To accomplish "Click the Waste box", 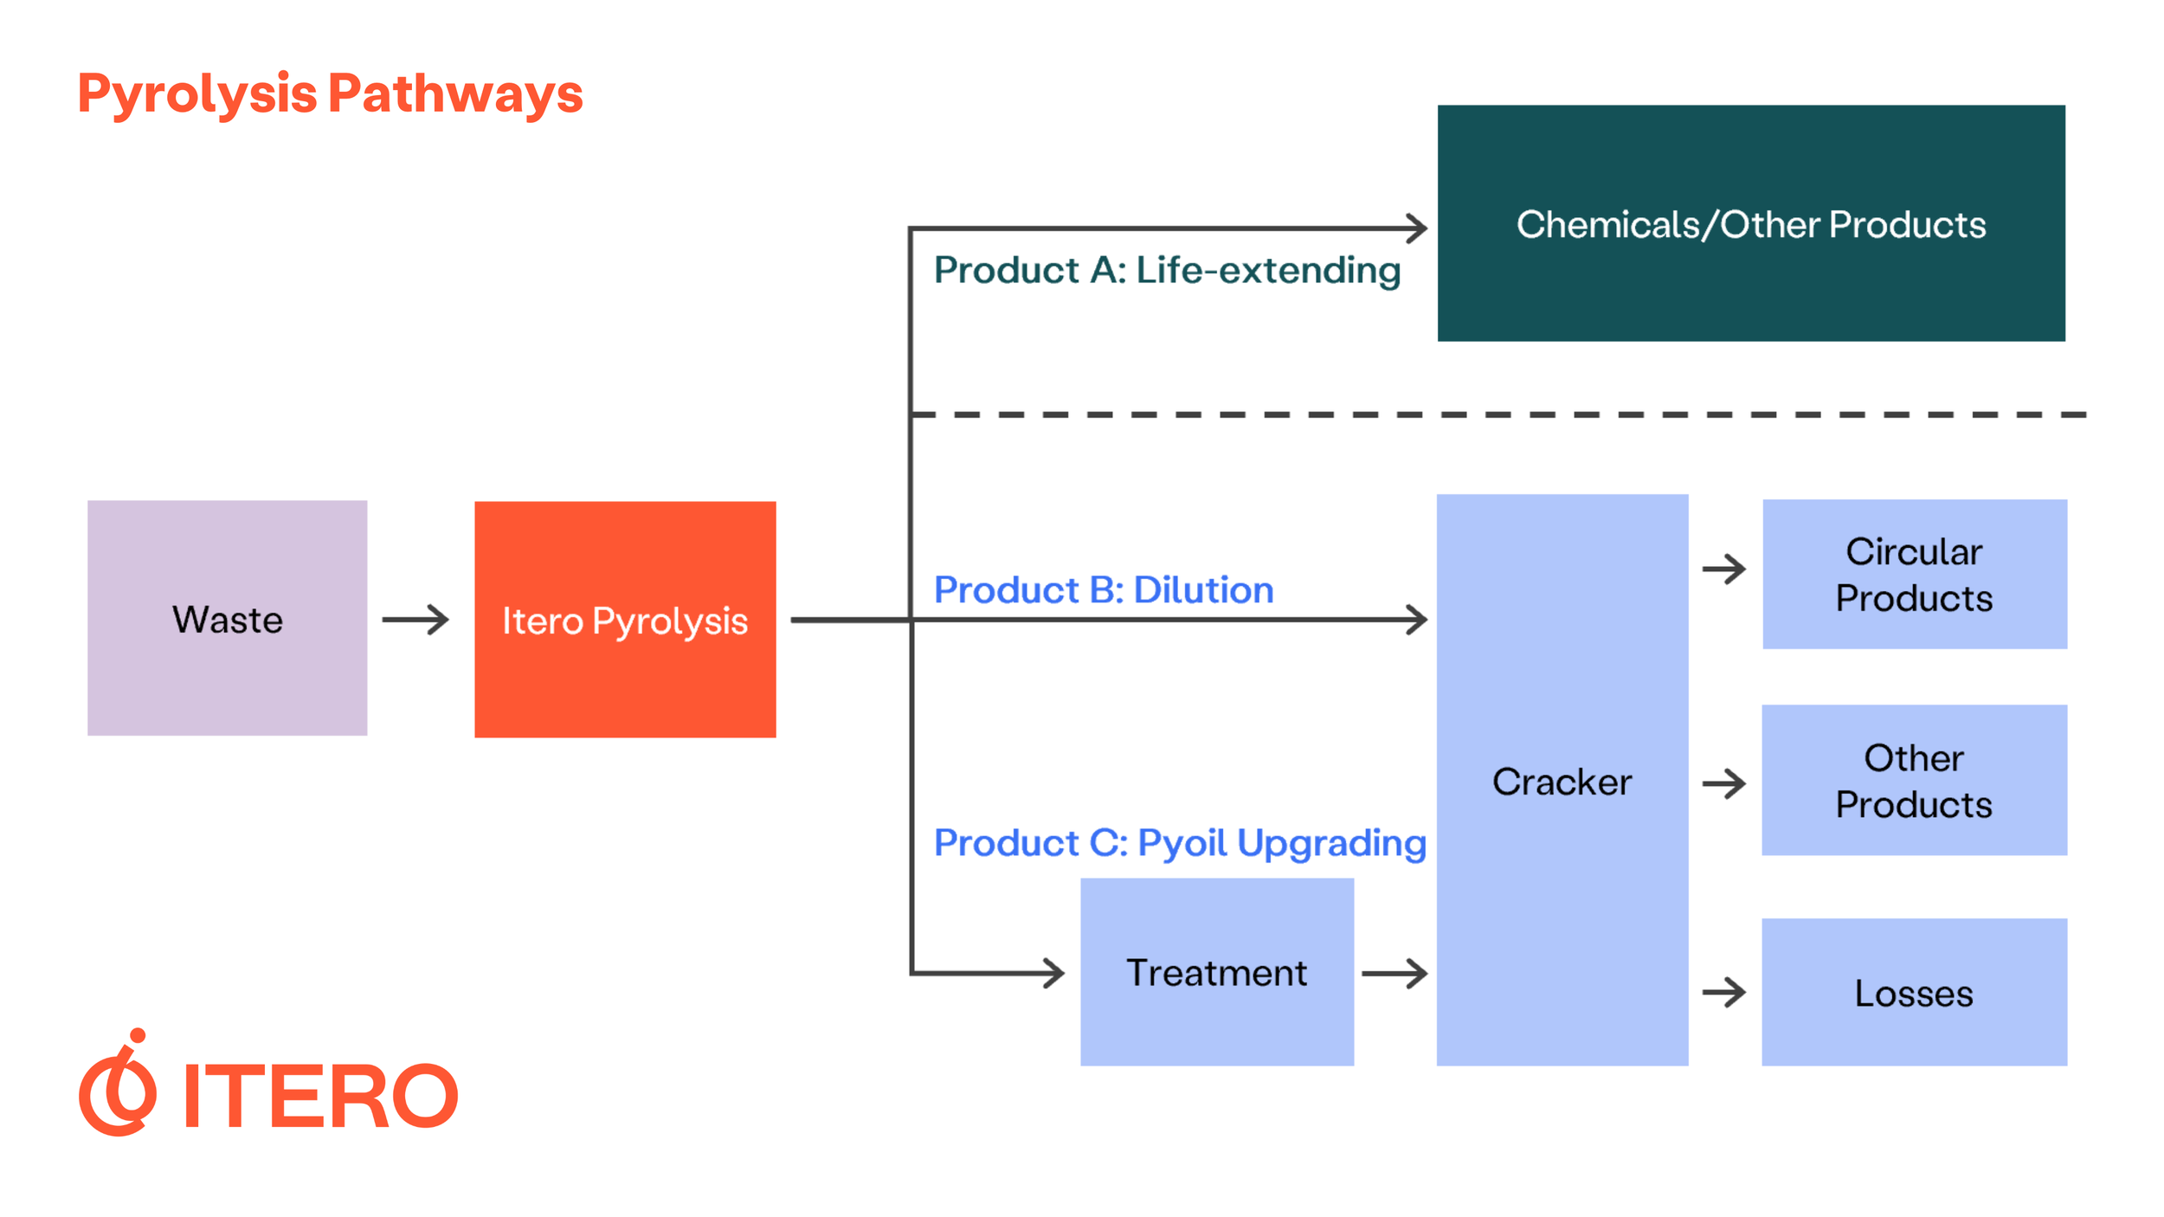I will [x=227, y=618].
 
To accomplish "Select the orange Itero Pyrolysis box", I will [x=625, y=620].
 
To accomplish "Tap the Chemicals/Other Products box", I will [x=1750, y=223].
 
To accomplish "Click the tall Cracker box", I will [x=1562, y=780].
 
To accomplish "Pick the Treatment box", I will [x=1216, y=972].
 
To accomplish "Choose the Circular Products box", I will [x=1914, y=574].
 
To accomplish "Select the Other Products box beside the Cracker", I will [x=1914, y=780].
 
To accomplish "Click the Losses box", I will [x=1914, y=992].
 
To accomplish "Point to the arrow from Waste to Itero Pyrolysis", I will [x=415, y=620].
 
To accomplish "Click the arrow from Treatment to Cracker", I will [x=1394, y=973].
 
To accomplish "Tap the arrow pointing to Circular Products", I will [x=1723, y=569].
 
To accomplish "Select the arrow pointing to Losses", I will [x=1723, y=992].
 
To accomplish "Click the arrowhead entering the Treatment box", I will [x=1053, y=973].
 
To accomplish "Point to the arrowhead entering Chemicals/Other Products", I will [x=1416, y=229].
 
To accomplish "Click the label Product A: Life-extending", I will [x=1167, y=270].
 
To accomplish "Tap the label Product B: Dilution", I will [x=1104, y=590].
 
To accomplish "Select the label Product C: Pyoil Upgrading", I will [x=1180, y=843].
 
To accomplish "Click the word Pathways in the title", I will [x=455, y=93].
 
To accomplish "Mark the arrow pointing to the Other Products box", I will [x=1723, y=783].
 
